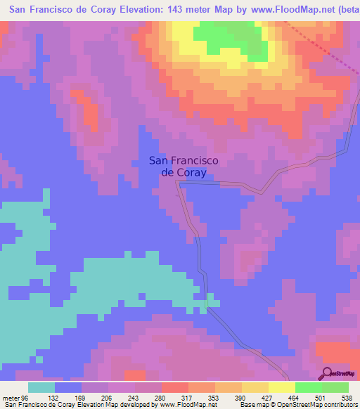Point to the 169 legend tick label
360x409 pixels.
click(x=82, y=397)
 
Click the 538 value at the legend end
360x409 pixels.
click(x=347, y=397)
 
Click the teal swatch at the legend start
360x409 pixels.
click(x=41, y=387)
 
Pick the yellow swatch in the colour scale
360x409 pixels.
click(x=282, y=387)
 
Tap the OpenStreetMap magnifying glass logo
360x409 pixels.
click(x=326, y=373)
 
